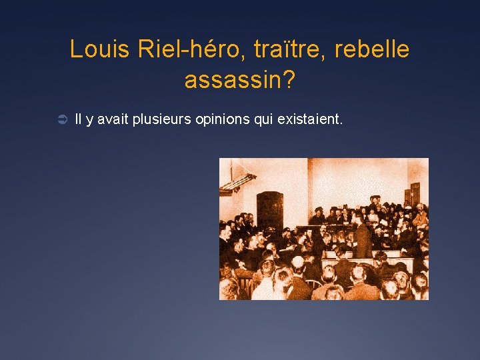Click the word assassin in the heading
tap(233, 81)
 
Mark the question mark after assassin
tap(289, 81)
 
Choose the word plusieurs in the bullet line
tap(160, 120)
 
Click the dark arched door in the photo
tap(269, 210)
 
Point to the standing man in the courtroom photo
tap(363, 237)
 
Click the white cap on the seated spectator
tap(298, 261)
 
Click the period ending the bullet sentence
tap(341, 124)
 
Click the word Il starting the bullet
tap(79, 120)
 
